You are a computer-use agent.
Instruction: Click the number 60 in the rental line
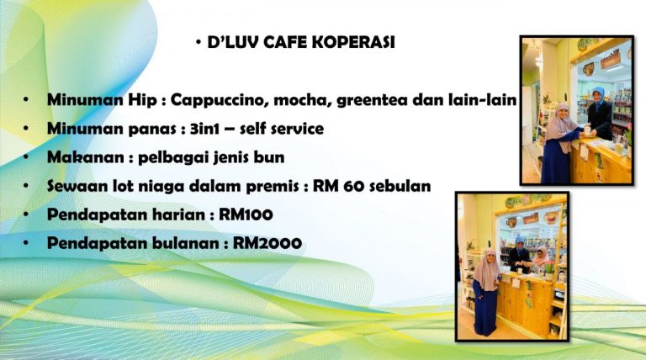tap(354, 186)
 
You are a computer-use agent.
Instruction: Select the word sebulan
tap(400, 186)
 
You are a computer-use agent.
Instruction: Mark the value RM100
tap(246, 214)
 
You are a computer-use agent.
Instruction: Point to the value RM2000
tap(267, 243)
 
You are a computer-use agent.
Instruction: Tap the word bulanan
tap(186, 243)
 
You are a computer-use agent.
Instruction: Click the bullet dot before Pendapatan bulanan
tap(26, 243)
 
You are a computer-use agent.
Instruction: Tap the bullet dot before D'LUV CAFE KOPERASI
tap(199, 42)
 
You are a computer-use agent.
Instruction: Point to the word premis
tap(272, 187)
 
